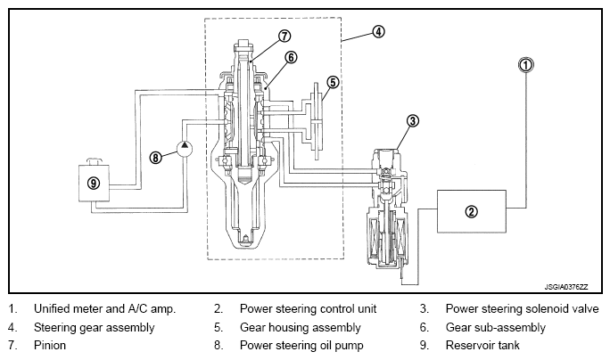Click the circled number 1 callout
pos(527,64)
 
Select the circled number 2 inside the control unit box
pos(472,211)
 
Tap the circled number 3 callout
pos(412,120)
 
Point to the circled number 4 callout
pos(378,31)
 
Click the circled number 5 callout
pos(332,82)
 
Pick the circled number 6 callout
pos(291,57)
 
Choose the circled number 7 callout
pos(284,37)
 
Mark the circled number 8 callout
pos(156,157)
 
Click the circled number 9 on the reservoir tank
pos(94,183)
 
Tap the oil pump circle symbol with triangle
pos(184,148)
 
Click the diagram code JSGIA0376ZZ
pos(571,287)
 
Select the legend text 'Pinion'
pos(50,345)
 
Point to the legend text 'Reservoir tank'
pos(482,345)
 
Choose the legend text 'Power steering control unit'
pos(308,309)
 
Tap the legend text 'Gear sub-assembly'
pos(495,327)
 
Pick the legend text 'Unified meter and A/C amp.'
pos(105,309)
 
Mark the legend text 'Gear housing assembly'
pos(295,327)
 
